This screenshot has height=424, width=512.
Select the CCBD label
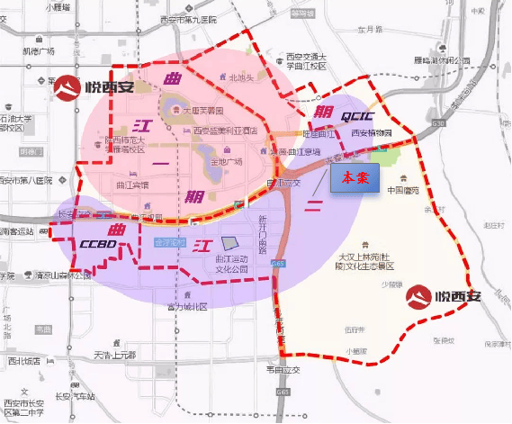[x=96, y=243]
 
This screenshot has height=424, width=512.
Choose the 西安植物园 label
[x=372, y=133]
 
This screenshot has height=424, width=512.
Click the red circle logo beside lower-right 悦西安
[x=418, y=297]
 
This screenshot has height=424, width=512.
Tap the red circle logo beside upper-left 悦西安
[x=67, y=88]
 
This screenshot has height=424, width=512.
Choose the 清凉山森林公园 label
[x=62, y=275]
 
